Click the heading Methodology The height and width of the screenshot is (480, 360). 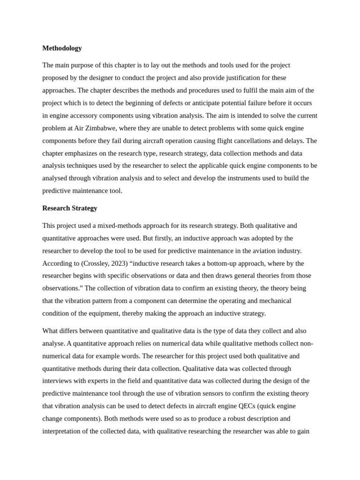tap(62, 48)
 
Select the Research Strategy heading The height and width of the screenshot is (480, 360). tap(69, 208)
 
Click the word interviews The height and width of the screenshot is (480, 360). tap(58, 381)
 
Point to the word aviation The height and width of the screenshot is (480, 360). tap(266, 251)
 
